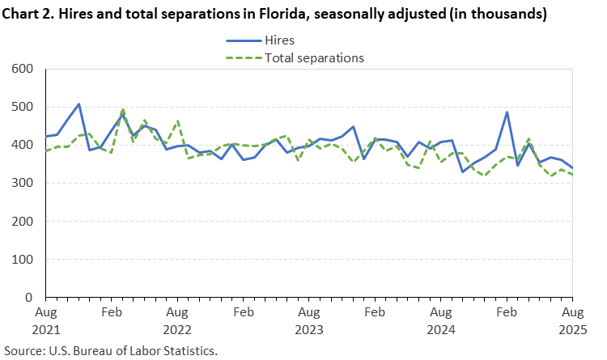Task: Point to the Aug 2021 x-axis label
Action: coord(45,320)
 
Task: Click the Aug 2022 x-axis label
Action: coord(177,320)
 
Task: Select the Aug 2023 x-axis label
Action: coord(308,320)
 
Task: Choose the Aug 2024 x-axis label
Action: coord(440,320)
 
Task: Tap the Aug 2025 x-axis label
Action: coord(571,320)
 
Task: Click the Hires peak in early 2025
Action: coord(507,112)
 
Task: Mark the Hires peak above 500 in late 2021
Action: coord(79,104)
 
